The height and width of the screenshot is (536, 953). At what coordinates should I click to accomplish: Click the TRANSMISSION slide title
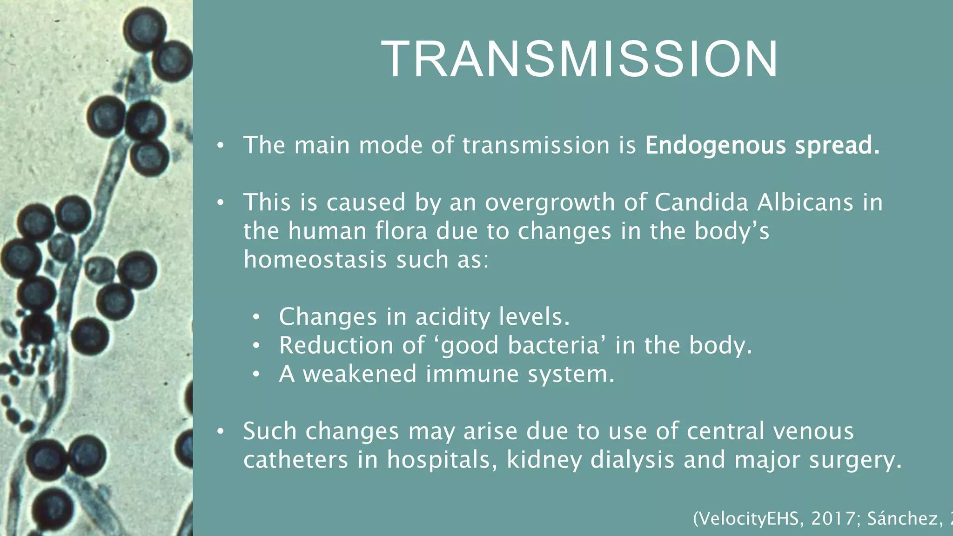(579, 59)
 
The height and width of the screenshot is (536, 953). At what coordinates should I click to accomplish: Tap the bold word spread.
(837, 146)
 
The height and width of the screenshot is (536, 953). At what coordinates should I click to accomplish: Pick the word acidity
(452, 317)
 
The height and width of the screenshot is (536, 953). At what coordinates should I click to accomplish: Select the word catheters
(295, 460)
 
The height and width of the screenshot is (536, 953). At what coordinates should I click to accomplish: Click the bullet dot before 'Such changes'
(221, 431)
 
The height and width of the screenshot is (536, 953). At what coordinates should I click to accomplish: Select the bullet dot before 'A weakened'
(256, 374)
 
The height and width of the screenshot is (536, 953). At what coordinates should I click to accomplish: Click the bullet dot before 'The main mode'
(221, 146)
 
